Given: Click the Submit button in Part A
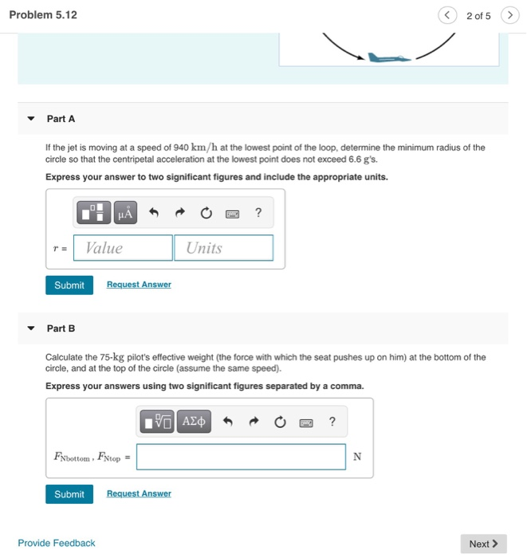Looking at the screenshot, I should pyautogui.click(x=69, y=285).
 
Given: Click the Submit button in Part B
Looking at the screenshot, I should pyautogui.click(x=69, y=494).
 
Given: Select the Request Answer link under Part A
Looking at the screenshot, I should pyautogui.click(x=139, y=285).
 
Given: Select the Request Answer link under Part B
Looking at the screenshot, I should pyautogui.click(x=139, y=494).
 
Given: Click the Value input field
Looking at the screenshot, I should pyautogui.click(x=124, y=248).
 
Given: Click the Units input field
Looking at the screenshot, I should pyautogui.click(x=223, y=248).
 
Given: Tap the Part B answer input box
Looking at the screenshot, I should pyautogui.click(x=242, y=457).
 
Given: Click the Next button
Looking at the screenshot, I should pyautogui.click(x=483, y=544).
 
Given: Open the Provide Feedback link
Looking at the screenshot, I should pyautogui.click(x=57, y=544).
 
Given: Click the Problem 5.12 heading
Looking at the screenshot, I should pyautogui.click(x=43, y=15).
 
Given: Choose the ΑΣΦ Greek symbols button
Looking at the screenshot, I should pyautogui.click(x=194, y=422).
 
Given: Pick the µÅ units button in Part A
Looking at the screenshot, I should pyautogui.click(x=125, y=213).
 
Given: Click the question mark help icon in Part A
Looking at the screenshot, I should pyautogui.click(x=258, y=213).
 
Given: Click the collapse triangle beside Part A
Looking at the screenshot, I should pyautogui.click(x=31, y=119).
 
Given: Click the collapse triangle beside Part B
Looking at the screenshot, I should pyautogui.click(x=31, y=328).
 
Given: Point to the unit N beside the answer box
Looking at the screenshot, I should pyautogui.click(x=357, y=457).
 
